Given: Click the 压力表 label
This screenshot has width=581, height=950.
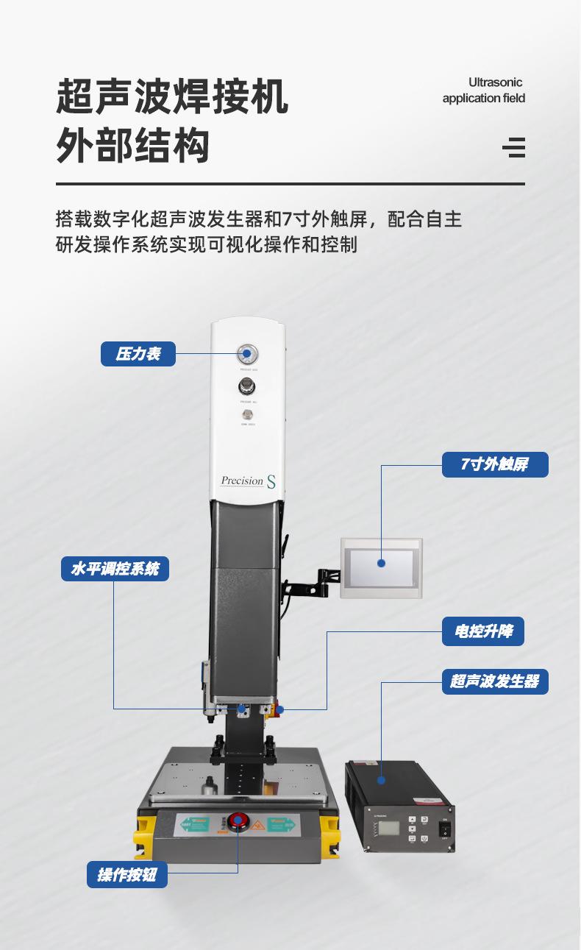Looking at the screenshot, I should pos(138,354).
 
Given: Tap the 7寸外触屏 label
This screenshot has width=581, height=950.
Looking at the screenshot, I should pos(494,464).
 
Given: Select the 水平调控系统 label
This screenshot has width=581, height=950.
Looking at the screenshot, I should pos(115,569).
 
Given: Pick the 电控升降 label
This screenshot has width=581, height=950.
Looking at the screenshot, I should pos(482,631).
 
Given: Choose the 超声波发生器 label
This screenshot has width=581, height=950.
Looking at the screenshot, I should pos(494,681).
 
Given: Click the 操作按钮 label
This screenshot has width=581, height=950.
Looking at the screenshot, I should pos(126,875).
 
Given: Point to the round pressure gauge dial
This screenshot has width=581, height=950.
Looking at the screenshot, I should pos(246,354).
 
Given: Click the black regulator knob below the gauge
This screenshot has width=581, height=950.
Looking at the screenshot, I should pos(246,386).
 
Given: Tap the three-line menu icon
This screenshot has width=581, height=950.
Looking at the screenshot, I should pos(514,147).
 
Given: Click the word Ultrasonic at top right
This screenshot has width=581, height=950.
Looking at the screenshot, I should pos(495,82).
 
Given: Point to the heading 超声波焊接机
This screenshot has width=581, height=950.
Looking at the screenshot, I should pos(172,97).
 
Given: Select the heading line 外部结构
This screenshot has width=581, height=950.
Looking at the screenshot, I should pos(133,145).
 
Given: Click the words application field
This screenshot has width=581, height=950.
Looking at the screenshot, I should pos(483,99).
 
